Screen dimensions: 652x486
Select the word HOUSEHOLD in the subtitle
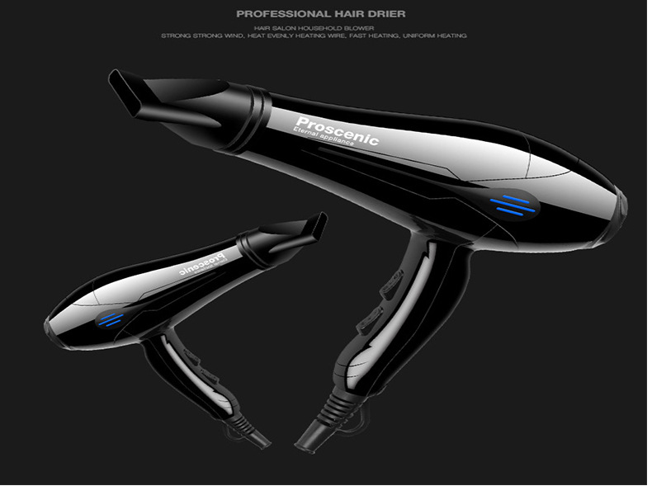point(305,28)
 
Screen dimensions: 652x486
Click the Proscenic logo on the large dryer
point(336,129)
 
